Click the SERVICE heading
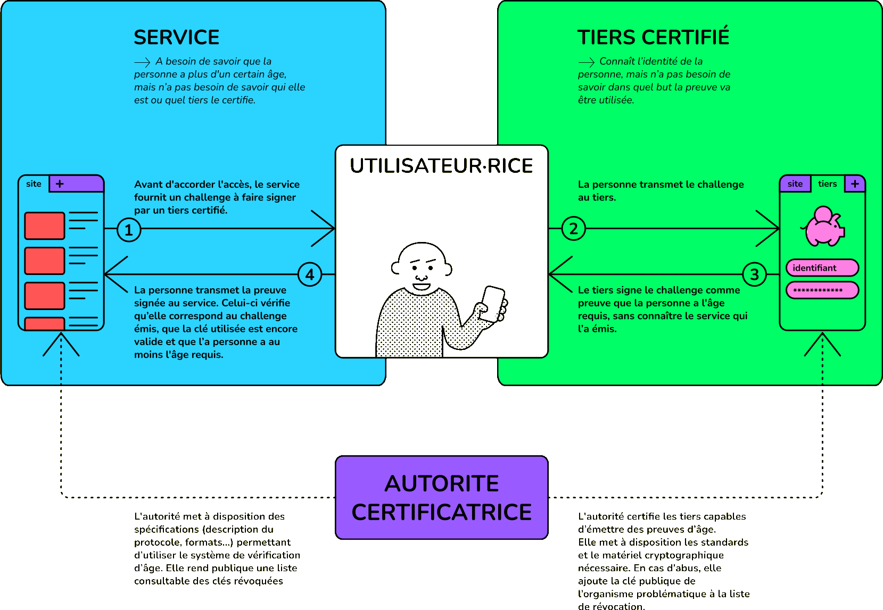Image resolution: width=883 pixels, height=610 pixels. (176, 37)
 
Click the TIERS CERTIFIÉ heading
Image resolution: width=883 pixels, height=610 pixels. (653, 37)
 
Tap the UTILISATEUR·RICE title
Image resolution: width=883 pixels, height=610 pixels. (441, 166)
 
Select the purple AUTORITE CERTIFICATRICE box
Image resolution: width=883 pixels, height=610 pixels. (442, 497)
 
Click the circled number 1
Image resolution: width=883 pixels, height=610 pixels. (129, 230)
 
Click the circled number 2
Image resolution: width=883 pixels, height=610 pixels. (573, 229)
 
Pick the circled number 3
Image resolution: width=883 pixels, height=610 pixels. (754, 274)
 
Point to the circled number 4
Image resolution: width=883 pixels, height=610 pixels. (310, 274)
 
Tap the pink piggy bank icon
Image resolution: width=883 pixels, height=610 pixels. (823, 227)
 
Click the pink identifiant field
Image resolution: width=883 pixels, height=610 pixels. (822, 268)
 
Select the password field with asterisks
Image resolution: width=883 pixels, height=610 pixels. (822, 290)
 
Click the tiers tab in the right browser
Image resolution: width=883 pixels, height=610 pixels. (827, 183)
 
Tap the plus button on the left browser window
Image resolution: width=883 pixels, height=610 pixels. (60, 183)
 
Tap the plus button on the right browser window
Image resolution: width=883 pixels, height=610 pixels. (855, 183)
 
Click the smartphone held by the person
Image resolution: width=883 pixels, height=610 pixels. (493, 304)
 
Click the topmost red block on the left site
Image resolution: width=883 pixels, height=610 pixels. (45, 225)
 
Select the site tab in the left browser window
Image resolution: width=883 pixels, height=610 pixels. (34, 183)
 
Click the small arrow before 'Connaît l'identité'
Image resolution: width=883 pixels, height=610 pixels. (586, 62)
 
